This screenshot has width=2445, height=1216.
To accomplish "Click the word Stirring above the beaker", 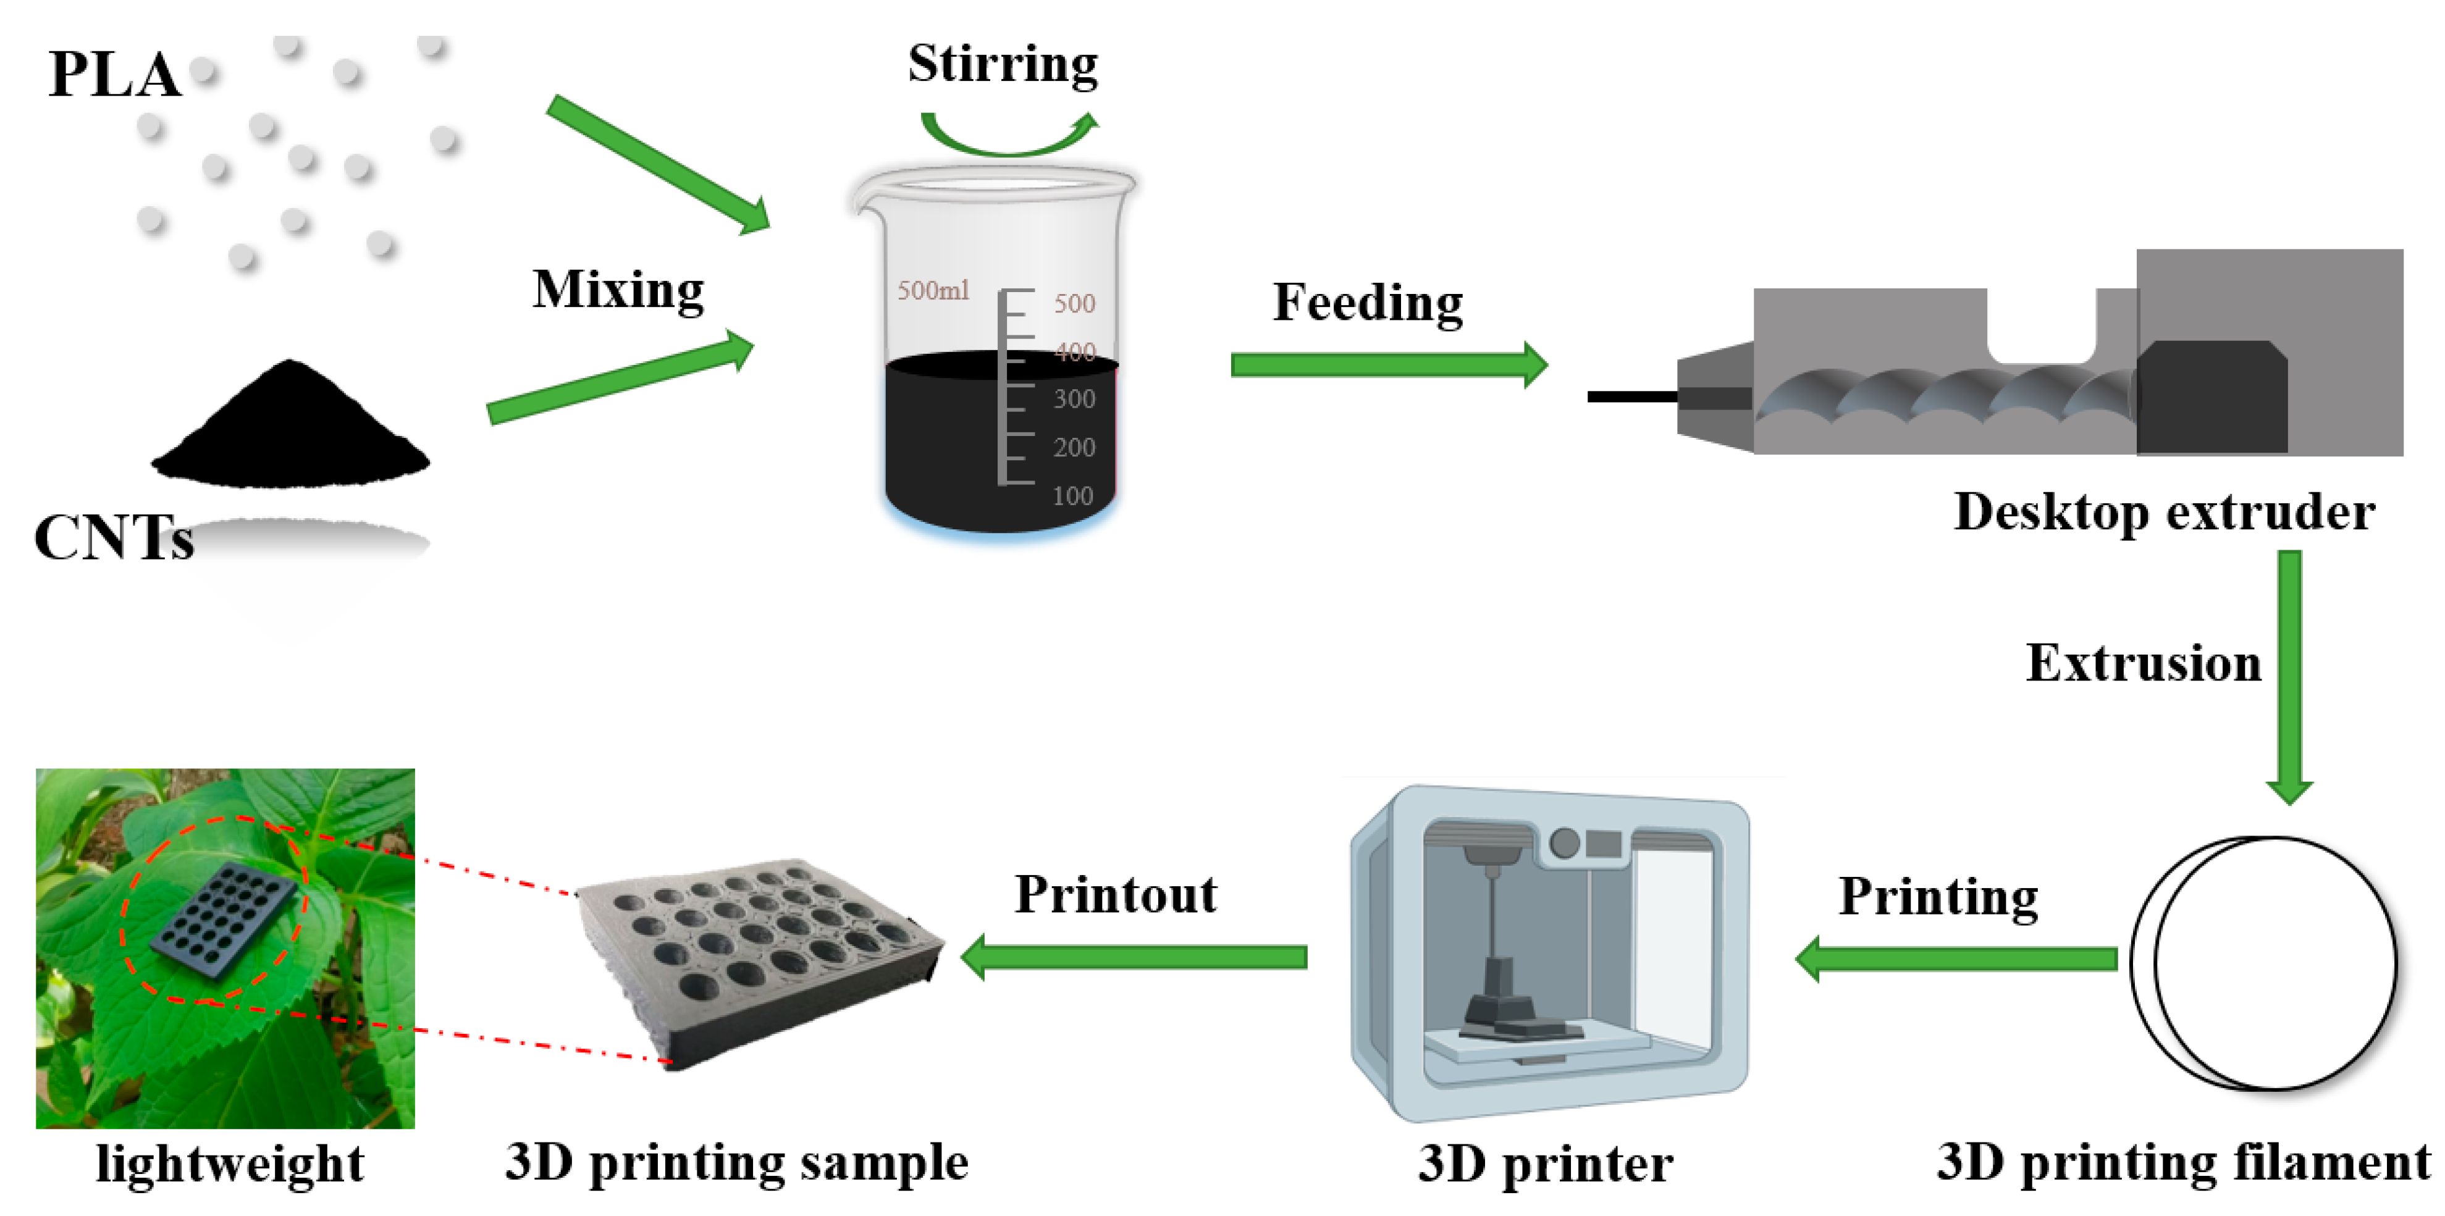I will (1003, 65).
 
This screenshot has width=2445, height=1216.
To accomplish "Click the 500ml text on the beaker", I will (933, 290).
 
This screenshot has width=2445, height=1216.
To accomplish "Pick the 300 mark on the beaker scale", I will (1074, 399).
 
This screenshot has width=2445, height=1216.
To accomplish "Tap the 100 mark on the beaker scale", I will (1072, 495).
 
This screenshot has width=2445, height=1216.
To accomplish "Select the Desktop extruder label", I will (2164, 513).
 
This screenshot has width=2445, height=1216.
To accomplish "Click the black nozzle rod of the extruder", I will (1633, 396).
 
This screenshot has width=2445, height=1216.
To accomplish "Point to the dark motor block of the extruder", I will (2211, 396).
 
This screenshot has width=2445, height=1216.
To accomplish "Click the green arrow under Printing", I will (1955, 958).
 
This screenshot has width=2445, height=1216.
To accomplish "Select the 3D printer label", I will (1545, 1164).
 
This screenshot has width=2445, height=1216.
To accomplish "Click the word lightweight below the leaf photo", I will (230, 1164).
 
